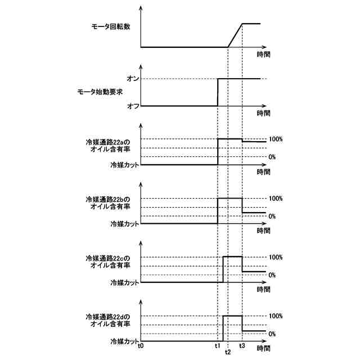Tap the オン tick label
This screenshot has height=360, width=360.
click(133, 79)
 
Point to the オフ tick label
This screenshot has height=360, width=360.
click(133, 106)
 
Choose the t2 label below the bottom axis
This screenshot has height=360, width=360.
click(227, 352)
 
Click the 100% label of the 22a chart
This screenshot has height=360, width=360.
click(276, 139)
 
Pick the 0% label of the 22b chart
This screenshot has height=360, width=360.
click(272, 216)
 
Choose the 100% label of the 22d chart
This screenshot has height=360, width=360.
click(276, 316)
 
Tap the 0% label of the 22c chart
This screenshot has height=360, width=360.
click(272, 274)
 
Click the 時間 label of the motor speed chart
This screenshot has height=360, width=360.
click(263, 55)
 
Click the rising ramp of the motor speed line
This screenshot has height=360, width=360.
click(235, 35)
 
